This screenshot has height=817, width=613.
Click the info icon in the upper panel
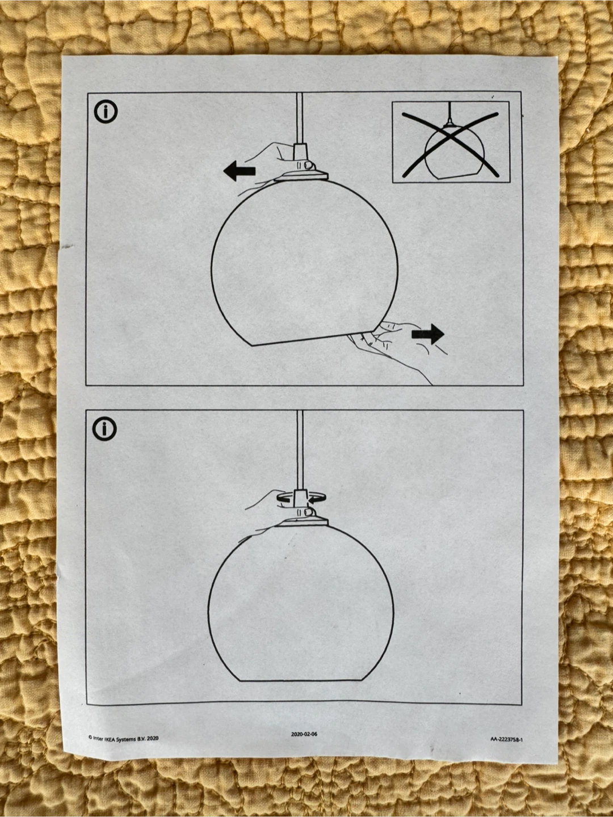[x=106, y=112]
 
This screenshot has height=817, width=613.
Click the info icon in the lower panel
[x=104, y=429]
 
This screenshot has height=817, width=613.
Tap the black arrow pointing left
[x=240, y=171]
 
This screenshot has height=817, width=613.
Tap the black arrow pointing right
[x=428, y=334]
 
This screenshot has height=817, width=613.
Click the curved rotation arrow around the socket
[x=300, y=498]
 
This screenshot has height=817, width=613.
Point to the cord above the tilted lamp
[x=300, y=118]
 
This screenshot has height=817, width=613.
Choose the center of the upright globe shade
[x=300, y=603]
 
